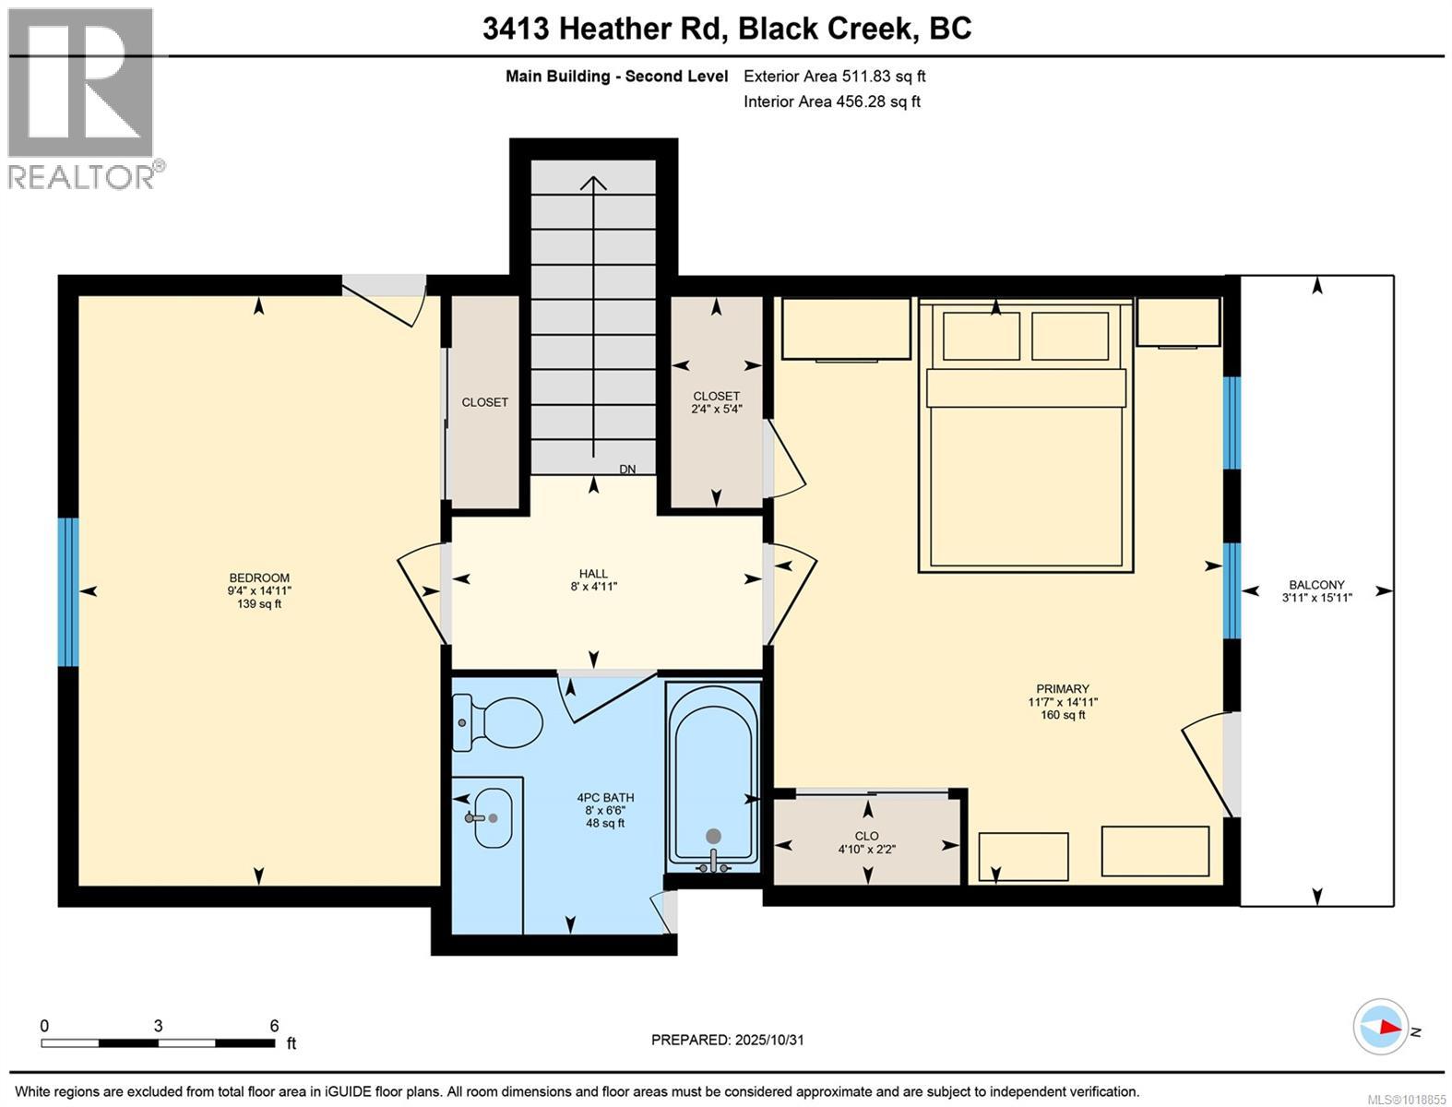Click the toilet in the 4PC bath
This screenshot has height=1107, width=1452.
pyautogui.click(x=499, y=721)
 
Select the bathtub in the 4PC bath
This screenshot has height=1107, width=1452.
pyautogui.click(x=713, y=775)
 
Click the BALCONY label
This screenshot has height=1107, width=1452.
pyautogui.click(x=1316, y=585)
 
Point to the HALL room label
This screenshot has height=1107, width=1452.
pyautogui.click(x=593, y=574)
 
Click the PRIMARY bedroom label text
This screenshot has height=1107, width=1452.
pyautogui.click(x=1063, y=688)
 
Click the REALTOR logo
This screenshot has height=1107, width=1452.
pyautogui.click(x=81, y=98)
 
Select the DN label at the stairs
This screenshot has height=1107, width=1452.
pyautogui.click(x=627, y=470)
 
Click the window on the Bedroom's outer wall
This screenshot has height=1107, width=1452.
pyautogui.click(x=67, y=591)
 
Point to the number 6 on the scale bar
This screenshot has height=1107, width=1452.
pyautogui.click(x=274, y=1026)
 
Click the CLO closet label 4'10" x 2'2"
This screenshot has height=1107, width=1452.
pyautogui.click(x=866, y=843)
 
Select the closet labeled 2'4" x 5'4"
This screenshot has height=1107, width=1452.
pyautogui.click(x=717, y=402)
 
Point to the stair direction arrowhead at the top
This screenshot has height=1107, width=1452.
pyautogui.click(x=593, y=182)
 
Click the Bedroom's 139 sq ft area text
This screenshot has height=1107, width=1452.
pyautogui.click(x=259, y=604)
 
